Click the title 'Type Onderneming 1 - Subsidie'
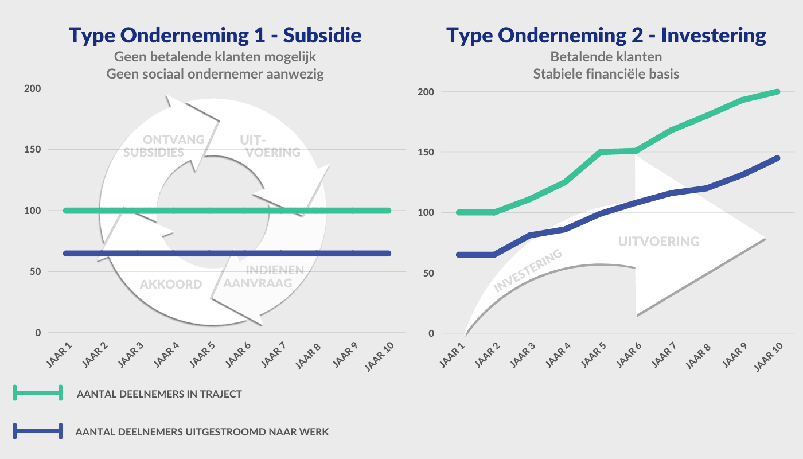click(215, 36)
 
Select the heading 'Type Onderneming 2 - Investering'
click(606, 36)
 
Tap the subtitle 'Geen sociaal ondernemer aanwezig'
click(215, 75)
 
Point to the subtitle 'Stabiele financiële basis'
click(606, 74)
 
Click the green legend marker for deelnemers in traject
click(38, 393)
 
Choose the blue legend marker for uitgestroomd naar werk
click(38, 431)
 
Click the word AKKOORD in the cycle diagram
click(171, 285)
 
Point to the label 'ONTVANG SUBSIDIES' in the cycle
click(157, 146)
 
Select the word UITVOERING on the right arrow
click(659, 242)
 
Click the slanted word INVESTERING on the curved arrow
click(528, 271)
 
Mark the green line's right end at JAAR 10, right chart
click(778, 92)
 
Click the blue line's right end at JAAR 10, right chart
click(778, 158)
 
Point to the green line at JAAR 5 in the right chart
click(600, 152)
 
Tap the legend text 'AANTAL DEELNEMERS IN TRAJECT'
click(159, 394)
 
